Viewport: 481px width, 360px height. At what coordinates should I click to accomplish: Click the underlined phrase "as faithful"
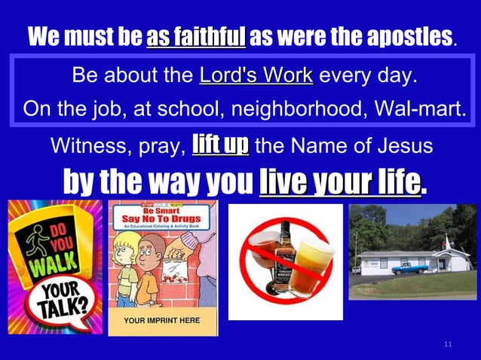click(196, 35)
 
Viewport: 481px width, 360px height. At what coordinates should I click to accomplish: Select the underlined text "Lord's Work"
click(256, 77)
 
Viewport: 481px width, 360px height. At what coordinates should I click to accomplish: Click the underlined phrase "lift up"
click(220, 142)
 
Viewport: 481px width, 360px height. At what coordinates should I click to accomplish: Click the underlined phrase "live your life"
click(339, 182)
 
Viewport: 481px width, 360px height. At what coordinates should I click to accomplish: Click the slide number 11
click(448, 345)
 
